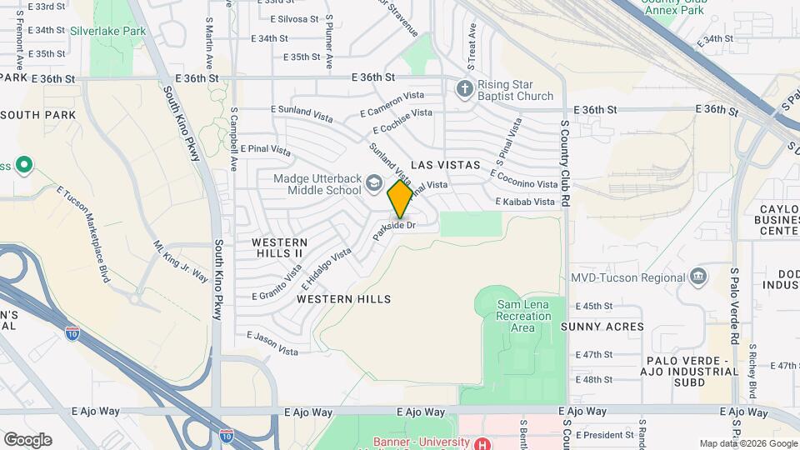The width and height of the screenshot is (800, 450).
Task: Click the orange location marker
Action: [400, 199]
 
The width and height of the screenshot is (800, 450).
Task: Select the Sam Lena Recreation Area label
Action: [522, 316]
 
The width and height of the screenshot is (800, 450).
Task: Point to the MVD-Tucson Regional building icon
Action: [698, 276]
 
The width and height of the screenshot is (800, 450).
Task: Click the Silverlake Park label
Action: [119, 31]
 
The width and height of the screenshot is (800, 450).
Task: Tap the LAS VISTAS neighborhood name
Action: [444, 165]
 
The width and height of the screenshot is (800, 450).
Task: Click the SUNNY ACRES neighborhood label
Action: [602, 327]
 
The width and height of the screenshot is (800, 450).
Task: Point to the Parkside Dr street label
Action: [394, 226]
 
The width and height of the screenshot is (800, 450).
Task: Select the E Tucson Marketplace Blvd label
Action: [84, 234]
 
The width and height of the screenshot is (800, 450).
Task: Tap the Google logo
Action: [27, 439]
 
